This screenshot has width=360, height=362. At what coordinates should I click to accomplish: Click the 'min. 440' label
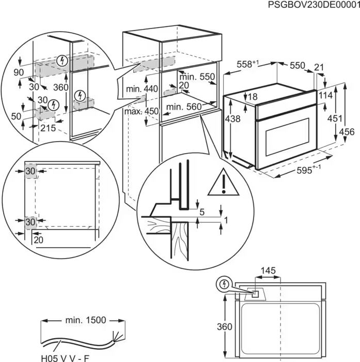tap(142, 89)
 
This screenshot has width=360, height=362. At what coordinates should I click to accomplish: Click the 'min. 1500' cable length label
tap(85, 320)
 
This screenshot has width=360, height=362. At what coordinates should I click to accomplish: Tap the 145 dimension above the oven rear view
tap(268, 270)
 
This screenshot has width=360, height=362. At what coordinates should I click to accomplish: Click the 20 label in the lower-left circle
tap(39, 239)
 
